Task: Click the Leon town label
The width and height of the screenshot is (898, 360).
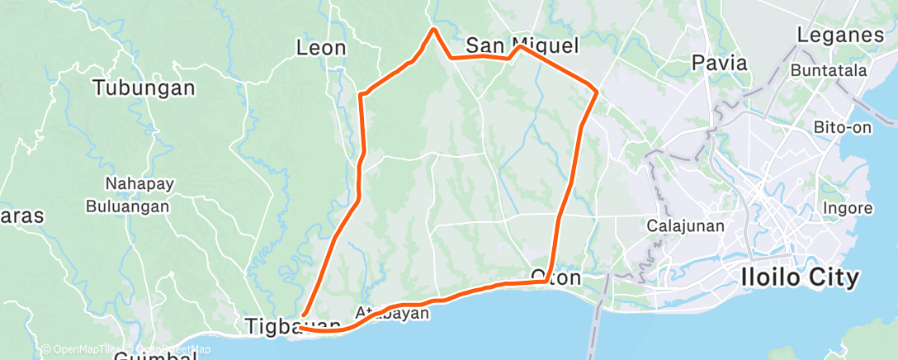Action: [321, 48]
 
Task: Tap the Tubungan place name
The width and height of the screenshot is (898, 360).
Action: [144, 88]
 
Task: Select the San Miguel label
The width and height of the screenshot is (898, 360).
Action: [522, 45]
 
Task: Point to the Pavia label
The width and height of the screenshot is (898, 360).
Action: [719, 62]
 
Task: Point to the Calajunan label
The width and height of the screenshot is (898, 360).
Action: [685, 225]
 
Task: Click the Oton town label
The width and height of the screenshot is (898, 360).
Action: [555, 277]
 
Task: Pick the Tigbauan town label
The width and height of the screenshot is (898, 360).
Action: [292, 327]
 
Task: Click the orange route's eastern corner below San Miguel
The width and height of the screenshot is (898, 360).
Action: [596, 87]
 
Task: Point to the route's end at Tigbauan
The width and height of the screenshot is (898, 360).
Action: [300, 328]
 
